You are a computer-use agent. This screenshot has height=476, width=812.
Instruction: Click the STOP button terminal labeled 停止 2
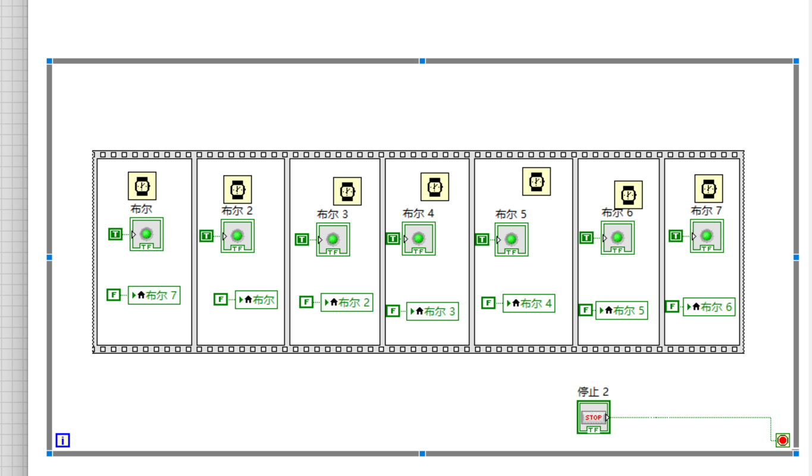593,417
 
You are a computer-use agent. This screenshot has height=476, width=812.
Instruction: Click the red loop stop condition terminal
782,440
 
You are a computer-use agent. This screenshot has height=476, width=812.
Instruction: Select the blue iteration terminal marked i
62,440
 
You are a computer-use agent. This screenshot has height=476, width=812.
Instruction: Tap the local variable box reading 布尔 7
154,295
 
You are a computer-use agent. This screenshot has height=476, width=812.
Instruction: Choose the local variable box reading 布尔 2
347,302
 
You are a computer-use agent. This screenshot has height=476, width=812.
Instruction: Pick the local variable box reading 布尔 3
432,311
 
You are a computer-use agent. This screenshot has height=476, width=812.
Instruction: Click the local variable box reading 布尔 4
529,303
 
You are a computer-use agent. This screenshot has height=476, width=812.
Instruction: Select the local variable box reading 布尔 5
622,310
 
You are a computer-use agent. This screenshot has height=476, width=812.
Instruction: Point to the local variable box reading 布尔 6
709,307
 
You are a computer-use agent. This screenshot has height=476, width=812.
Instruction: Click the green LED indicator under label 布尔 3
333,239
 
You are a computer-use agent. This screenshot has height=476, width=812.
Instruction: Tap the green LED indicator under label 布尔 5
511,239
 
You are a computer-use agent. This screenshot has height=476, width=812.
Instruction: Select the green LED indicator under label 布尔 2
237,236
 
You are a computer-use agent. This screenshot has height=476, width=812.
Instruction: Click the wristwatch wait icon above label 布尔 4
435,187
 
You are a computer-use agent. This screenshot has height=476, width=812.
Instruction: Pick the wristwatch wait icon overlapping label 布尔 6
628,195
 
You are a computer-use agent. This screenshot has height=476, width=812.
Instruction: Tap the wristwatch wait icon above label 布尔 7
708,189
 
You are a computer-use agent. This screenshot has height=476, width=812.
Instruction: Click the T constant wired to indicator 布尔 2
206,236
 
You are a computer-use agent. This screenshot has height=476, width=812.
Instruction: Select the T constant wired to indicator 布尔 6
587,238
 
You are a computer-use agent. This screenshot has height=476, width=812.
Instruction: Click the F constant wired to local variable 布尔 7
114,295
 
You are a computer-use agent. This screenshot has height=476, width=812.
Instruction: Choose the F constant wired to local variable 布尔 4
488,303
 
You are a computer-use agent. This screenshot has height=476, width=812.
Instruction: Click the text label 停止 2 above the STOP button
593,392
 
